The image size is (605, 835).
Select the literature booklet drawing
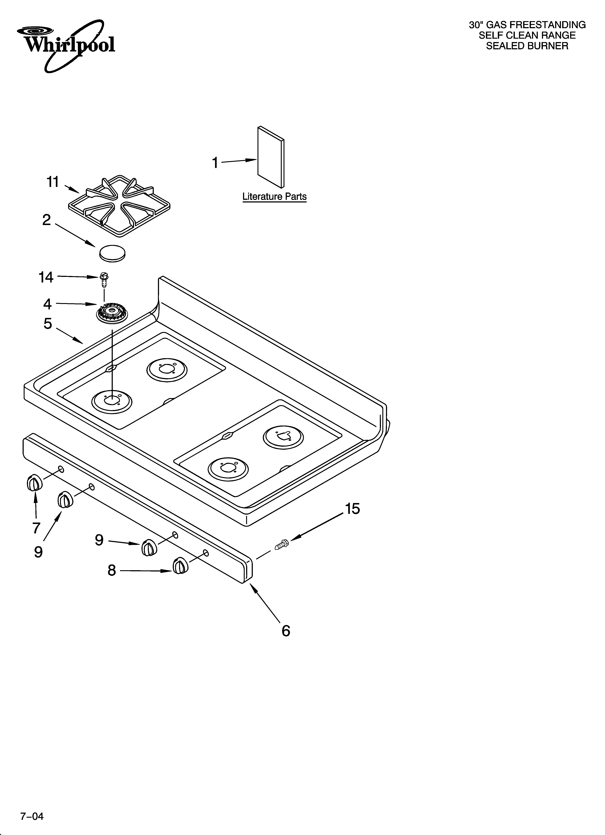pyautogui.click(x=271, y=157)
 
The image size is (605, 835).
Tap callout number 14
pyautogui.click(x=46, y=277)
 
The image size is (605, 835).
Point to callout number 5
pyautogui.click(x=48, y=324)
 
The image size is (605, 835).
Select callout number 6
pyautogui.click(x=286, y=631)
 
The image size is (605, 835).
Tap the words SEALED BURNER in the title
pyautogui.click(x=527, y=46)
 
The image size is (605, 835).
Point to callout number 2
pyautogui.click(x=46, y=220)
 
